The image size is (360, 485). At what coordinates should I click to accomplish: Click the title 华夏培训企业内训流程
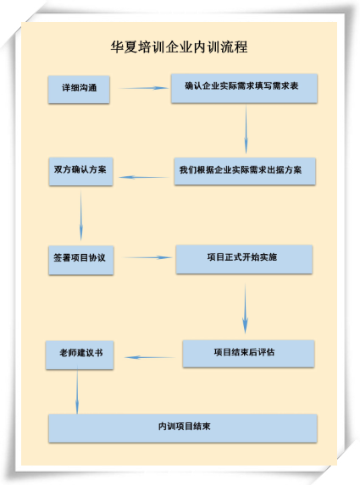pyautogui.click(x=179, y=47)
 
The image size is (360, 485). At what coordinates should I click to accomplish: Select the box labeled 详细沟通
pyautogui.click(x=79, y=90)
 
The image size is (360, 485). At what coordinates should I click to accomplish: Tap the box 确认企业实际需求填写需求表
pyautogui.click(x=244, y=88)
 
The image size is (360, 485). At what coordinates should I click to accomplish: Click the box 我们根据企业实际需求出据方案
pyautogui.click(x=245, y=171)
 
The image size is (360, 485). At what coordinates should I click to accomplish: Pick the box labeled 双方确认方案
pyautogui.click(x=80, y=172)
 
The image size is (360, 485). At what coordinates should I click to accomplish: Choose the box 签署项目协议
pyautogui.click(x=81, y=260)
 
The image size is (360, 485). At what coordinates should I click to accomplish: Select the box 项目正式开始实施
pyautogui.click(x=244, y=259)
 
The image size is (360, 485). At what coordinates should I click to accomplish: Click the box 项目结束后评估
pyautogui.click(x=248, y=354)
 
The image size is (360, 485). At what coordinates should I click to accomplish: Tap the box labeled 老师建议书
pyautogui.click(x=80, y=355)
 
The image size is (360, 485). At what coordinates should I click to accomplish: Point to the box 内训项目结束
pyautogui.click(x=183, y=428)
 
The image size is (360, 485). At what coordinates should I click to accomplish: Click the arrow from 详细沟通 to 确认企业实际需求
pyautogui.click(x=144, y=88)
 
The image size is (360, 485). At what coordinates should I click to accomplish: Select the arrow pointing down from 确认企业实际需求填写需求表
pyautogui.click(x=246, y=129)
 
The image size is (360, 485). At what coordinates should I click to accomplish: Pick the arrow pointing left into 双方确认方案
pyautogui.click(x=144, y=177)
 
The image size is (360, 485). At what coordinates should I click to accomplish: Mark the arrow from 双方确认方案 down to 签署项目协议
pyautogui.click(x=81, y=215)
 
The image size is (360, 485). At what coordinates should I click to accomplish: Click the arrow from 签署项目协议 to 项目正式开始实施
pyautogui.click(x=147, y=257)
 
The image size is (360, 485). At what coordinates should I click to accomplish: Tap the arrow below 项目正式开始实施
pyautogui.click(x=245, y=308)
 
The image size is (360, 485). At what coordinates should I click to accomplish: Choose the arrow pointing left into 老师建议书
pyautogui.click(x=150, y=357)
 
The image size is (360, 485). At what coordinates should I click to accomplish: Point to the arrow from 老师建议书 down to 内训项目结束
pyautogui.click(x=77, y=389)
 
